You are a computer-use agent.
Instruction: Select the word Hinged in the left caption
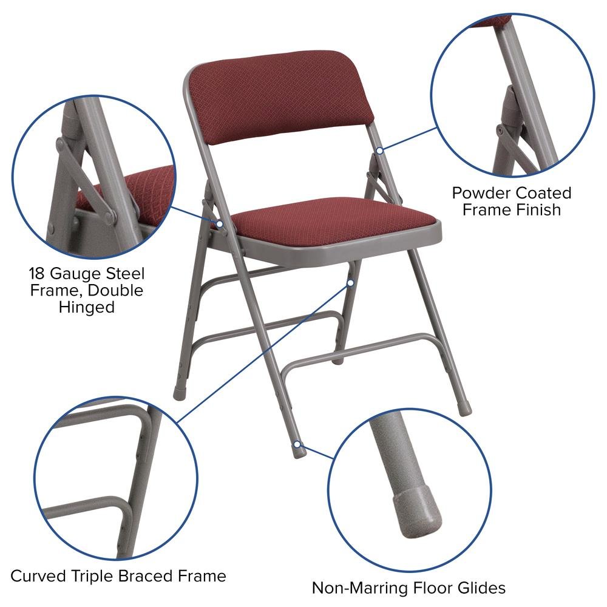click(87, 307)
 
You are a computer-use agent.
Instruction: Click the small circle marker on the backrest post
click(379, 149)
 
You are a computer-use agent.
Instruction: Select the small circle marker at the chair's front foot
click(297, 446)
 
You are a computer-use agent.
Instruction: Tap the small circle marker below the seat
click(350, 282)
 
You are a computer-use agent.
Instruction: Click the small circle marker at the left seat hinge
click(220, 224)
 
